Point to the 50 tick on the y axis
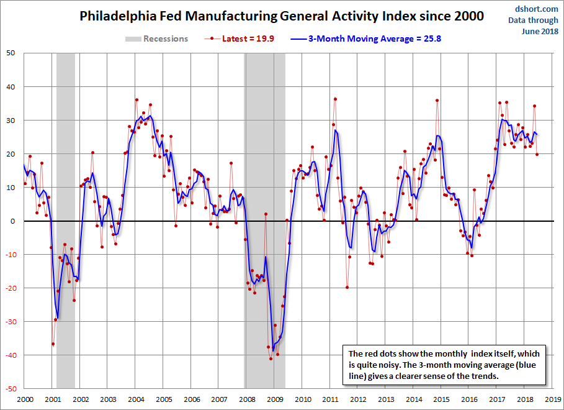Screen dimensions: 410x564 11,53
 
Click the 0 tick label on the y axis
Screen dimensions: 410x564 13,221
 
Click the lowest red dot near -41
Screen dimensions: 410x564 271,358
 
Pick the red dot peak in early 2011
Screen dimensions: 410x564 335,99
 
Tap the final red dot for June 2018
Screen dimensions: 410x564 537,154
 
